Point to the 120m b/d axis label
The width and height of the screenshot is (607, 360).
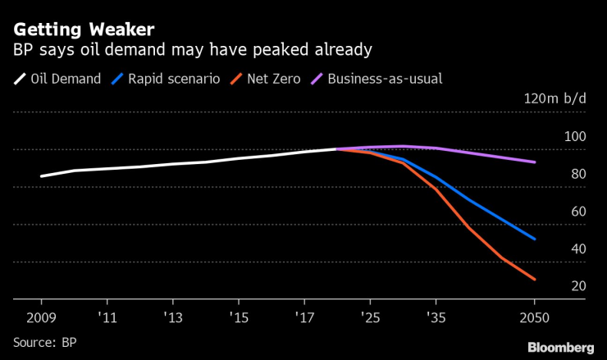pyautogui.click(x=555, y=98)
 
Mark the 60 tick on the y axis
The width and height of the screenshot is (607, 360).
pyautogui.click(x=577, y=212)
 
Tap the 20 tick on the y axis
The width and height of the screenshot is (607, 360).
pyautogui.click(x=577, y=286)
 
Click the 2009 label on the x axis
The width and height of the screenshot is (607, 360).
pyautogui.click(x=42, y=316)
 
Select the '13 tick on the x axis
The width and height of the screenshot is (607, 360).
pyautogui.click(x=172, y=316)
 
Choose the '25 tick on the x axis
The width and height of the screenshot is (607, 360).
pyautogui.click(x=371, y=316)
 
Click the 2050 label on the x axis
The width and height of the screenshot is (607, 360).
pyautogui.click(x=534, y=316)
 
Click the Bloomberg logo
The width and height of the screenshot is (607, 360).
pyautogui.click(x=560, y=347)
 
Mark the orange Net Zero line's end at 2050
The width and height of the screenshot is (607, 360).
pyautogui.click(x=535, y=280)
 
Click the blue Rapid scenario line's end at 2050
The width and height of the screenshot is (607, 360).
pyautogui.click(x=535, y=239)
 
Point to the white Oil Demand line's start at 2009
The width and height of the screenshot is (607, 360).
pyautogui.click(x=42, y=176)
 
